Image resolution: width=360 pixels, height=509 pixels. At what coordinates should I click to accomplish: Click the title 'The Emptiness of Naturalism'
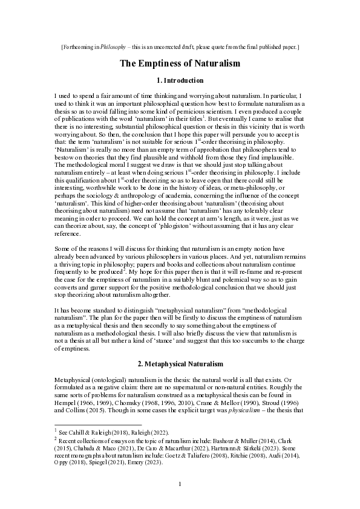point(180,63)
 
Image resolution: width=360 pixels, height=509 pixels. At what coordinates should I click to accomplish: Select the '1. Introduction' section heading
point(180,80)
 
